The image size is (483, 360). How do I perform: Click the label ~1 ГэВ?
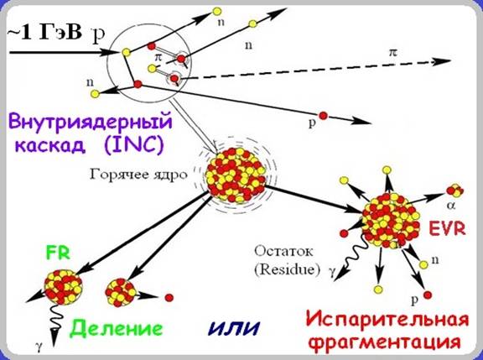[44, 33]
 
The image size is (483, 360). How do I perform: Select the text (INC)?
[133, 145]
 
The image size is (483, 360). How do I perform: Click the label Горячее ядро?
[138, 175]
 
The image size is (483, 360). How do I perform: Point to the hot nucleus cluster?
[236, 175]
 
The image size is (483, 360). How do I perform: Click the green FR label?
[58, 253]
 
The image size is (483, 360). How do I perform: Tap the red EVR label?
[447, 229]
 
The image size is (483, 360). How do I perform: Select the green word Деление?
[116, 329]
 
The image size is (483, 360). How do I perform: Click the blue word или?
[234, 328]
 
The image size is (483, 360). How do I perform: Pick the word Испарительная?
[387, 320]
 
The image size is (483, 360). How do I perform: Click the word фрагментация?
[385, 342]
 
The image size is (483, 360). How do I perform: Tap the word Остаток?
[283, 251]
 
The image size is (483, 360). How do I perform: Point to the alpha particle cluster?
[455, 190]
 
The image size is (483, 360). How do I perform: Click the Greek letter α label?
[451, 206]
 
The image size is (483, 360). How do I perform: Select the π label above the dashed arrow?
[392, 53]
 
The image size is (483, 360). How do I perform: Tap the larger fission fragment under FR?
[64, 287]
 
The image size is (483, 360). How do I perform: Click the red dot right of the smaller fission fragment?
[169, 298]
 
